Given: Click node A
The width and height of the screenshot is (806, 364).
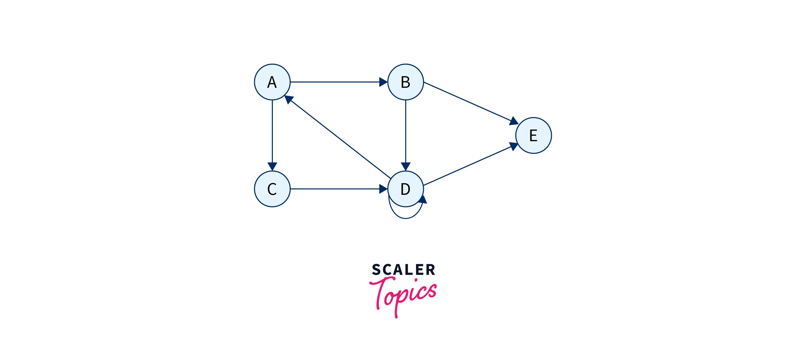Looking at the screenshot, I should pos(272,82).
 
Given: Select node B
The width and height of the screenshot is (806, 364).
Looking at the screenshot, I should pos(406,82).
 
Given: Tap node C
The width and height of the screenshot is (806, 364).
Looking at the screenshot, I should pos(272,189).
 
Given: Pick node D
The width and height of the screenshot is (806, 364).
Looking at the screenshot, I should pos(406,189).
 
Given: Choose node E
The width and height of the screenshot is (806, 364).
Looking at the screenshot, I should pos(533,135).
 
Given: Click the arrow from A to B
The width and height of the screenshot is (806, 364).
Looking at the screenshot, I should pos(335,82).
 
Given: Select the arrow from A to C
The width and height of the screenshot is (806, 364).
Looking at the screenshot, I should pos(272,131).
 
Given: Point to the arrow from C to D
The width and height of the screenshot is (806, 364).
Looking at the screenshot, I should pos(335,189).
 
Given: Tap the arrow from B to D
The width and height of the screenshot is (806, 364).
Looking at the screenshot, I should pos(406,131).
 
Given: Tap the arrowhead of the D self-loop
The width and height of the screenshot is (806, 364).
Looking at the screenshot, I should pos(423,199).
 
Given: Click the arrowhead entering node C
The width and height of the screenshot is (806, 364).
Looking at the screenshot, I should pos(272,166).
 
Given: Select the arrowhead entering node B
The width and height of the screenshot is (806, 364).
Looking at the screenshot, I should pos(383,82).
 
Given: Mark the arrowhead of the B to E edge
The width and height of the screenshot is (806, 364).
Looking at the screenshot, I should pos(513,121).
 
